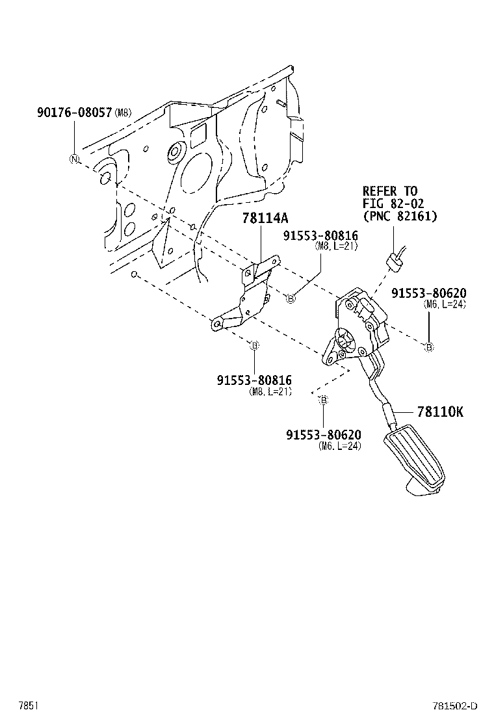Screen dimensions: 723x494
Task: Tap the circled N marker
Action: pyautogui.click(x=74, y=159)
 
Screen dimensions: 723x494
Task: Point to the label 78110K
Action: pyautogui.click(x=440, y=411)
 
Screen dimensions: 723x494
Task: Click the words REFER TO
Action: pyautogui.click(x=389, y=191)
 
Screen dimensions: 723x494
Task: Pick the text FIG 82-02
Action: pyautogui.click(x=389, y=204)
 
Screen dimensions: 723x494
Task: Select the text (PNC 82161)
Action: pyautogui.click(x=400, y=216)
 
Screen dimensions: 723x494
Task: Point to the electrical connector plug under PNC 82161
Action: pyautogui.click(x=393, y=260)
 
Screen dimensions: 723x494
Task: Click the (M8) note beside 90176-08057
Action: pyautogui.click(x=123, y=113)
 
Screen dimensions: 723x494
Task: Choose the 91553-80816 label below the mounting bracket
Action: pyautogui.click(x=254, y=380)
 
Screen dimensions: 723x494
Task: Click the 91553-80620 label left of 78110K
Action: pyautogui.click(x=323, y=434)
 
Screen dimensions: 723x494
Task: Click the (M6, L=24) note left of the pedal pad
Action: pyautogui.click(x=339, y=446)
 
